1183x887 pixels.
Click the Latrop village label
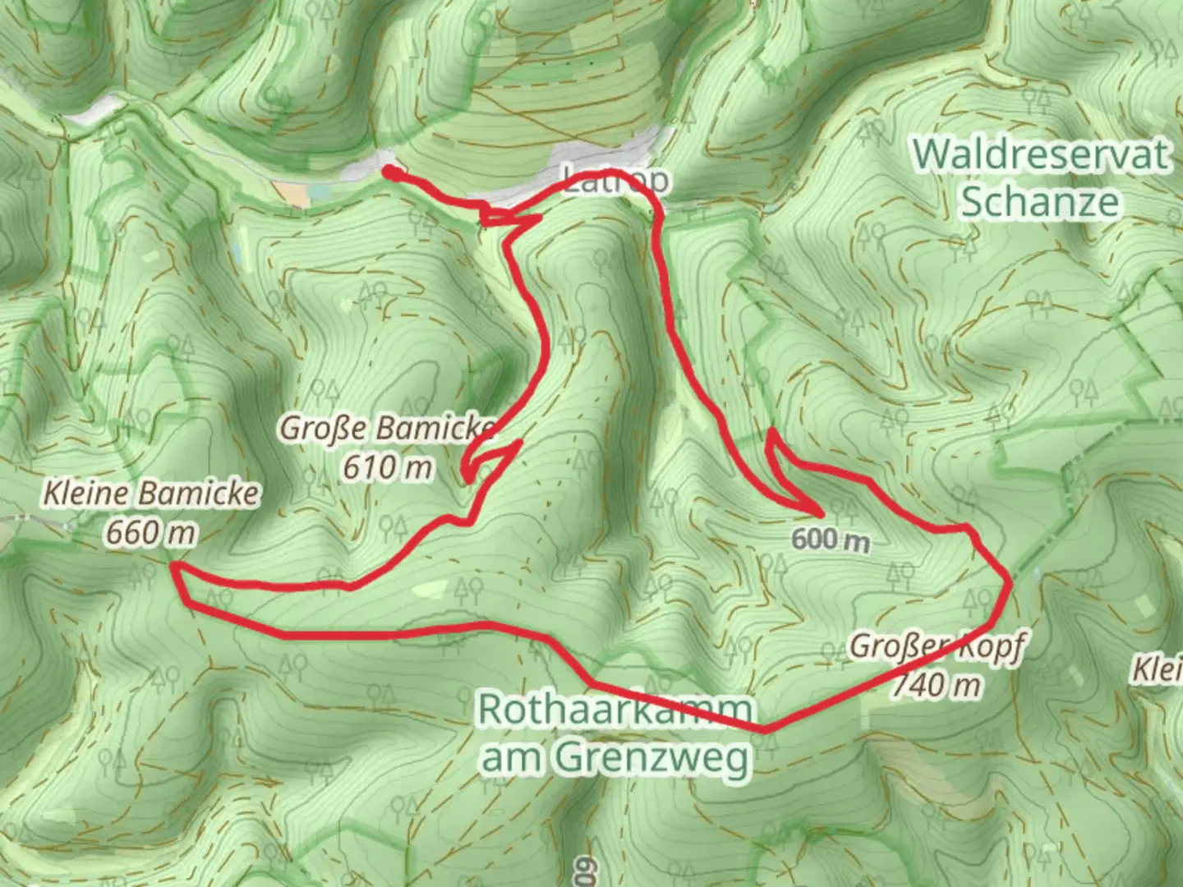click(616, 180)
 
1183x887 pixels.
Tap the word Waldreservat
click(1041, 154)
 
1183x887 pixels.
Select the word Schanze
click(1041, 201)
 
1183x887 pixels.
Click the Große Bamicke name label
click(388, 428)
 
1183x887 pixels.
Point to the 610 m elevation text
click(388, 467)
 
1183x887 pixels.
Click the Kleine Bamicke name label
click(150, 494)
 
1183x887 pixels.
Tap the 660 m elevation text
click(150, 533)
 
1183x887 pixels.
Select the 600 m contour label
click(831, 540)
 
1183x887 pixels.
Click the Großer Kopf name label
click(937, 646)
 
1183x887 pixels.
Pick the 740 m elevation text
click(937, 683)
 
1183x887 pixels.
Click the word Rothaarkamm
click(615, 708)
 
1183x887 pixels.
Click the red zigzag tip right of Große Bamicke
click(520, 443)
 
